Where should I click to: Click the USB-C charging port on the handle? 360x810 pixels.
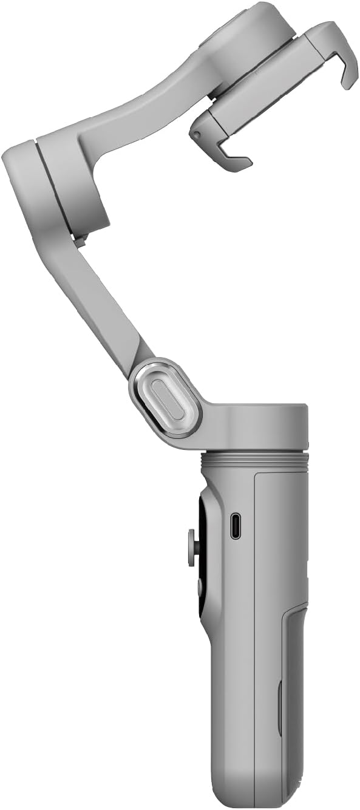point(235,526)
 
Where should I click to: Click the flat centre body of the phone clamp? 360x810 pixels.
point(261,91)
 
